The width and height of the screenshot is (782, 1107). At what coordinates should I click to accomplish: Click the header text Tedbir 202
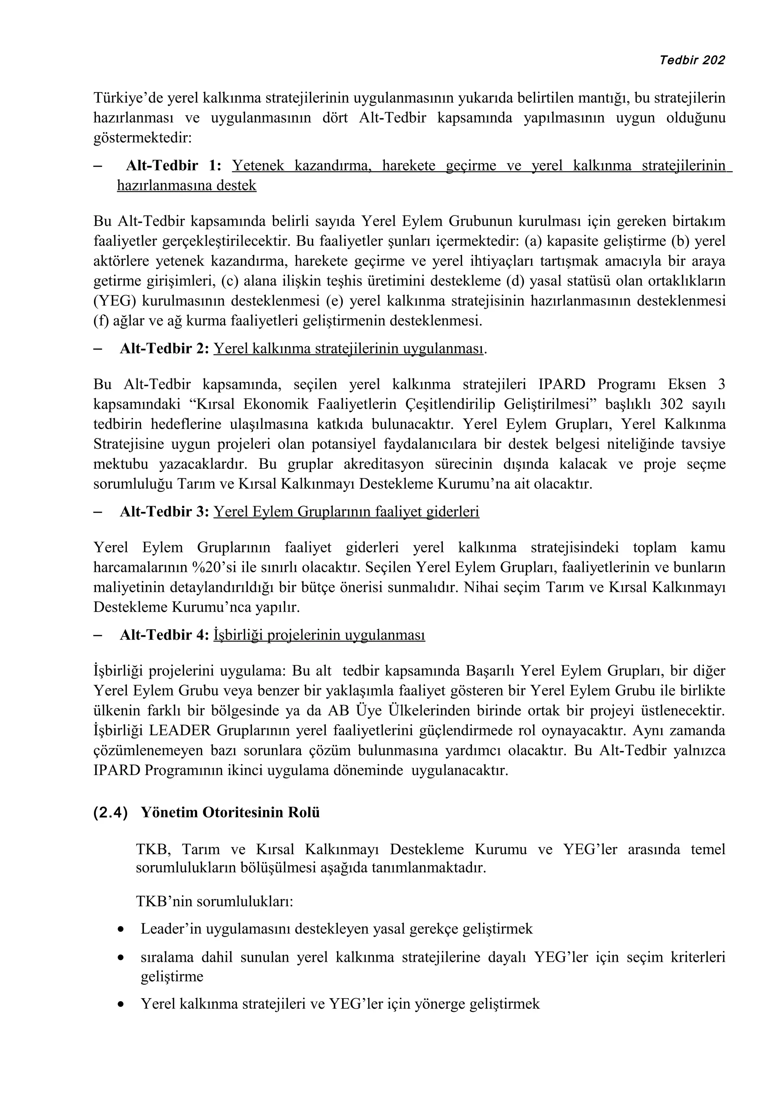coord(692,60)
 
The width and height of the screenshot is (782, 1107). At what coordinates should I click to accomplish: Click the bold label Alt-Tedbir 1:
coord(173,166)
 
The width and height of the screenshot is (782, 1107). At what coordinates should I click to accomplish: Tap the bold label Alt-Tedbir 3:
coord(164,511)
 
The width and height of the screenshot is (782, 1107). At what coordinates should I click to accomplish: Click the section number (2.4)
coord(110,812)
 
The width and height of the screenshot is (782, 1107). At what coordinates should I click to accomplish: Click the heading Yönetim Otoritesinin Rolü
coord(230,812)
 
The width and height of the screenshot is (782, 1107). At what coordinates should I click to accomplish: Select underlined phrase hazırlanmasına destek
coord(186,186)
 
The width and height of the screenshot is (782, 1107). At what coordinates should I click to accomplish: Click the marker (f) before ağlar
coord(101,320)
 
